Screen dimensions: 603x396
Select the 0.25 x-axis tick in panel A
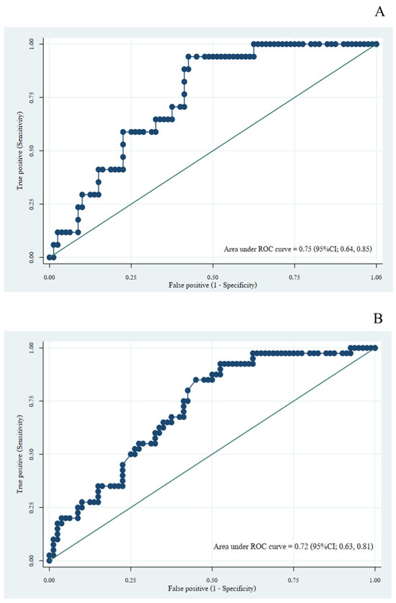(x=131, y=276)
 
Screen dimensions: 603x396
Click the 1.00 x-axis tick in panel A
(x=376, y=276)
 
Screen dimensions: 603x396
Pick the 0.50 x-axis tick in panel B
(x=212, y=579)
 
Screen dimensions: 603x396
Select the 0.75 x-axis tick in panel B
(x=294, y=579)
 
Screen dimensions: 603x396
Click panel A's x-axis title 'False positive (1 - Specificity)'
(x=212, y=286)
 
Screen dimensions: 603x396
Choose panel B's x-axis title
(x=212, y=589)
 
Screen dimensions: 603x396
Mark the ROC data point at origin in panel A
(x=49, y=257)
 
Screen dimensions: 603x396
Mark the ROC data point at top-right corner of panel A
(x=376, y=44)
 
